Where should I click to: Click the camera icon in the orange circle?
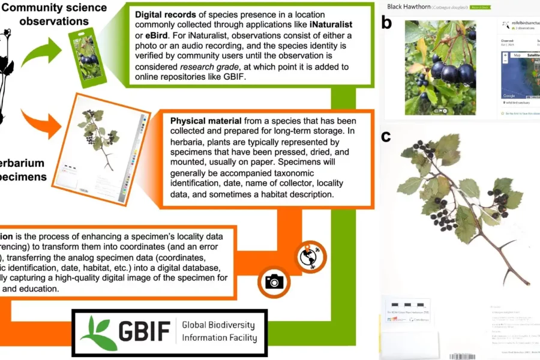click(x=274, y=281)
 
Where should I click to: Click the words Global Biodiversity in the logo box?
click(x=218, y=326)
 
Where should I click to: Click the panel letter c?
click(x=386, y=136)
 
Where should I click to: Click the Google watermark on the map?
click(x=509, y=95)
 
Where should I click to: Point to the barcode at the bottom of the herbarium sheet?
click(x=463, y=356)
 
